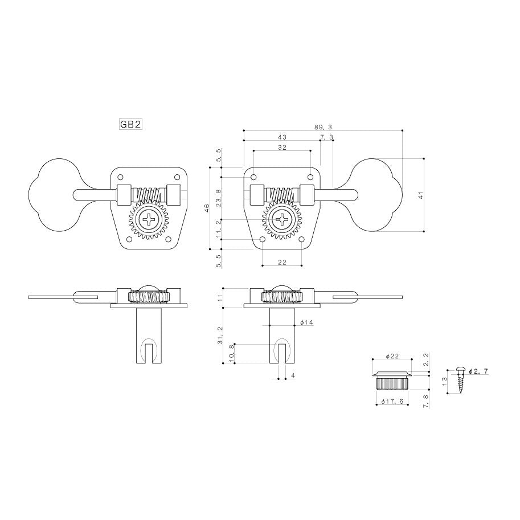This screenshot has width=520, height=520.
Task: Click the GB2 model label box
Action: pos(130,124)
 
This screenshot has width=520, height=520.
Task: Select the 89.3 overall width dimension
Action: pos(323,126)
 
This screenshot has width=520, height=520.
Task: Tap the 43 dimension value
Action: pos(282,137)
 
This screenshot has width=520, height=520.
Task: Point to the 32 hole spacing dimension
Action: pos(282,148)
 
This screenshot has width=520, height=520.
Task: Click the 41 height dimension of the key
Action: pos(421,195)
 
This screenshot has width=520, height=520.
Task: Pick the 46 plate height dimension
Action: pos(207,208)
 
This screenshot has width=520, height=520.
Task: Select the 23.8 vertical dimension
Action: pos(218,198)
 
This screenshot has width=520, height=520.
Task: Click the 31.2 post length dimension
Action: pos(220,335)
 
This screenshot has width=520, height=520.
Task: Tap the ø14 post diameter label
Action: pos(307,322)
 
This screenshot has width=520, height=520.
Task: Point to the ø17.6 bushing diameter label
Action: pos(392,402)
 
